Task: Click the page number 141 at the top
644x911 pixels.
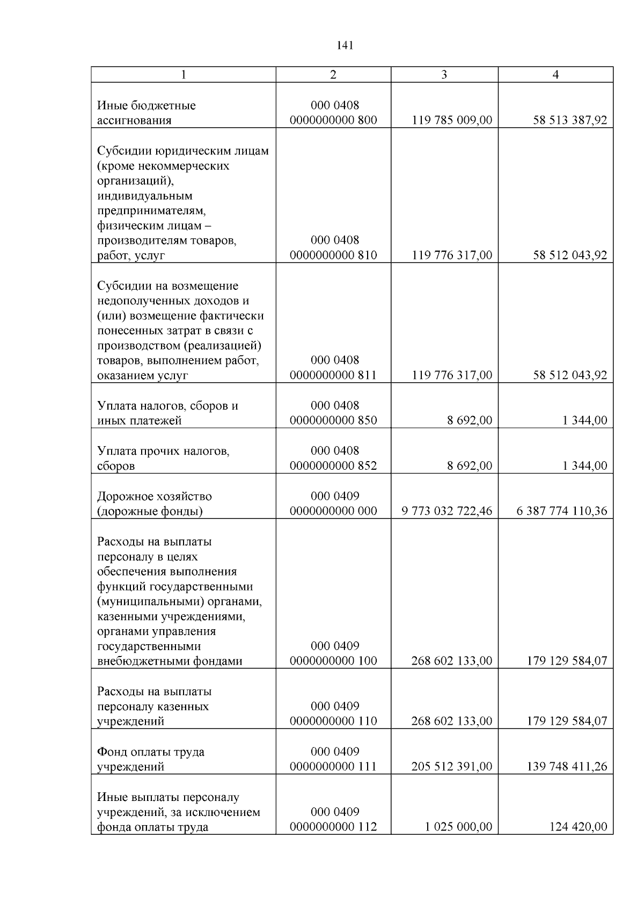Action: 345,46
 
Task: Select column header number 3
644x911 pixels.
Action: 444,75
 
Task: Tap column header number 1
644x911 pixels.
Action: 183,75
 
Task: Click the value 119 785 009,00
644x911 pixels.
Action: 452,120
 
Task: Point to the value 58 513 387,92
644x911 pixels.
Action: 570,120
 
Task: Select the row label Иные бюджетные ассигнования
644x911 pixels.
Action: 146,113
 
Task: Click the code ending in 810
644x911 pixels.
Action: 333,248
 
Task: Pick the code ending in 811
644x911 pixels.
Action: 333,368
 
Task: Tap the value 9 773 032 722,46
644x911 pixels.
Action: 447,511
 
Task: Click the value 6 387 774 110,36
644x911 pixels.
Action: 562,511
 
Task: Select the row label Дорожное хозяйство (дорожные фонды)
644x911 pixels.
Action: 154,504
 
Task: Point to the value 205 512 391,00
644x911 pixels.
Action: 451,767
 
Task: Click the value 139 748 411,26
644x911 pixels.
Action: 567,767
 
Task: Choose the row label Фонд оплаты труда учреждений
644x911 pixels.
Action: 150,759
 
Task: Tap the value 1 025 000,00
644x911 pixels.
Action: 458,827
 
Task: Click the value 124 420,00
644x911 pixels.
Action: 578,827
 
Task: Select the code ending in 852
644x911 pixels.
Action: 333,458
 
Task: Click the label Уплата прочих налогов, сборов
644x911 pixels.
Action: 163,458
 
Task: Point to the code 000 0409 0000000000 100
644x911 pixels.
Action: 333,653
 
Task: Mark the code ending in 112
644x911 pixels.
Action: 333,820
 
